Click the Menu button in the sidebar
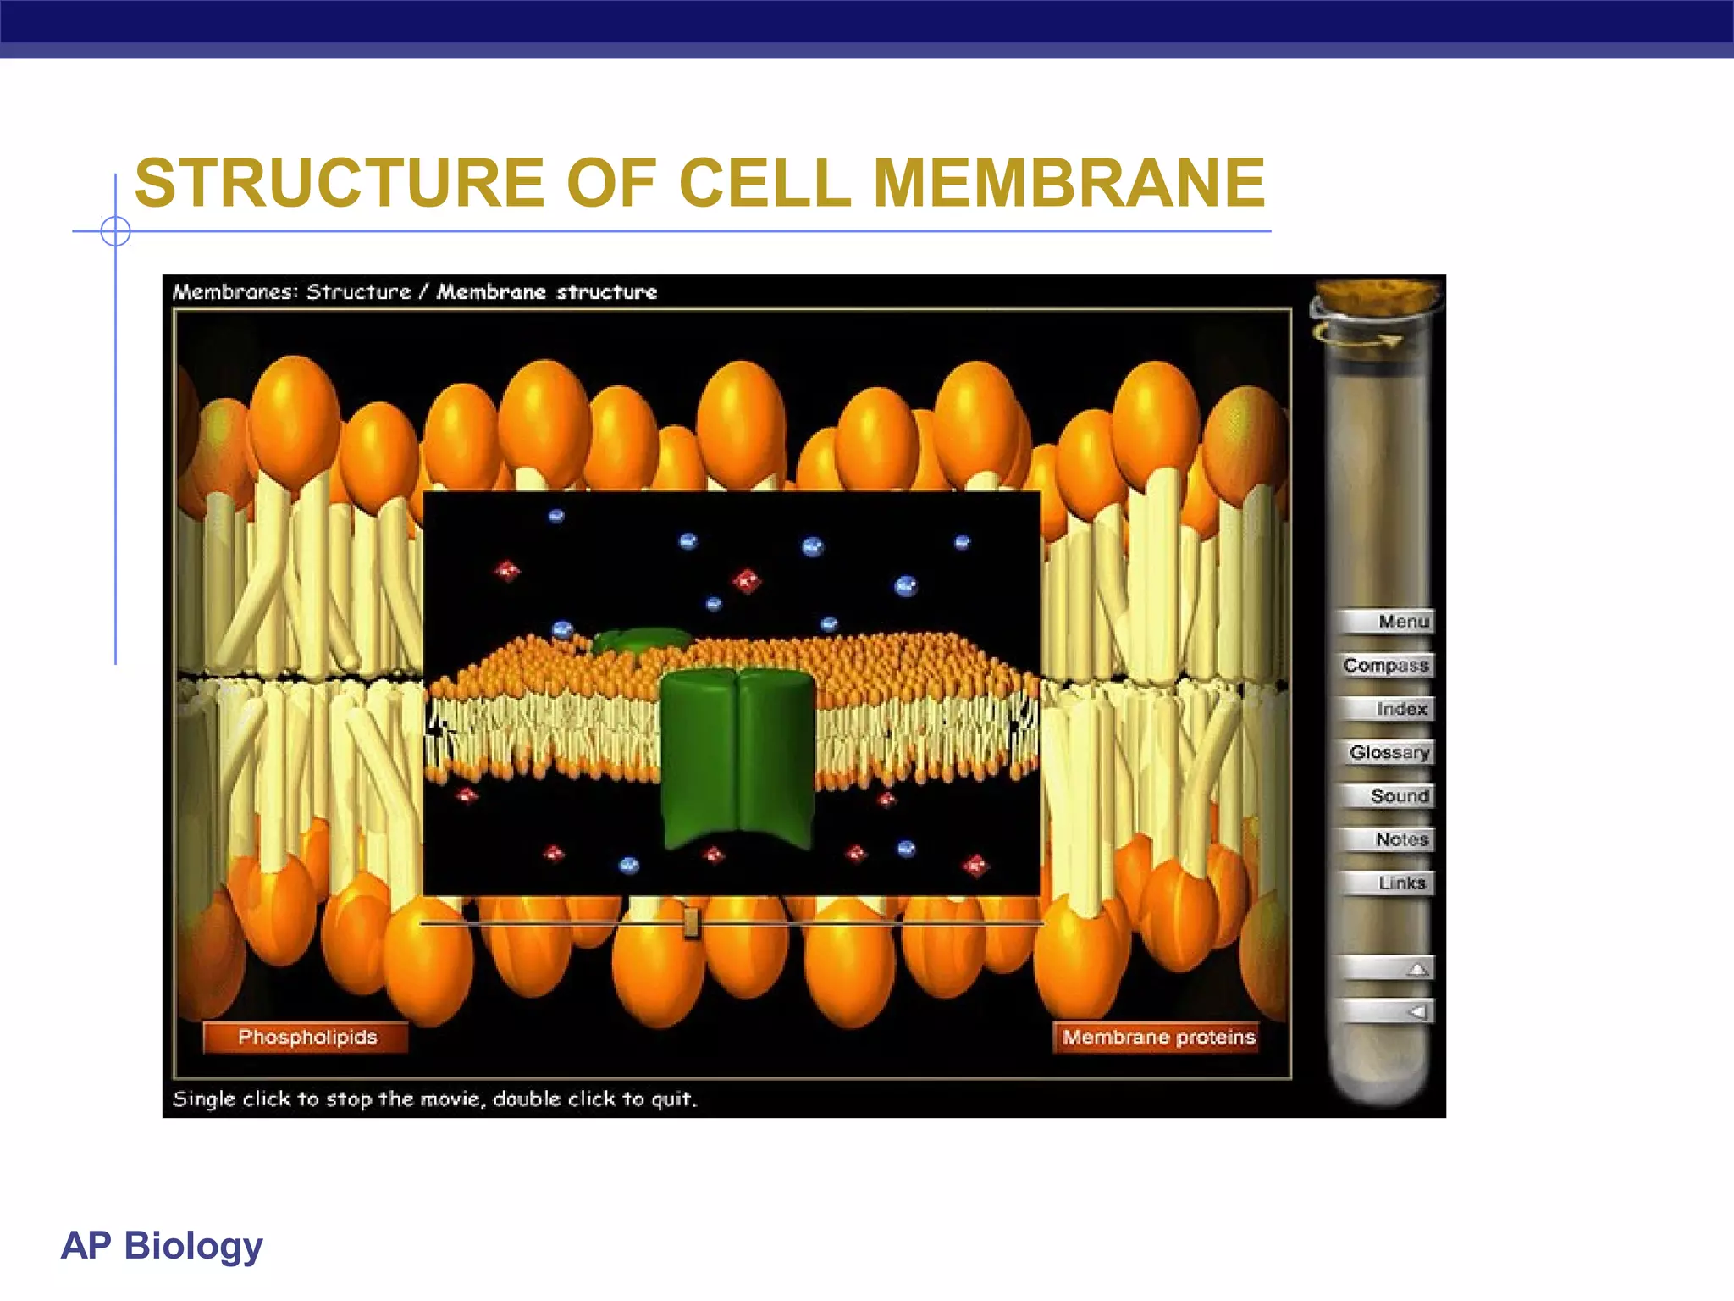(1387, 622)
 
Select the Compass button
(1387, 666)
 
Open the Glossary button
(1389, 752)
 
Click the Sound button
(1389, 796)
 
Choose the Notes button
(1389, 839)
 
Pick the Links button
(1389, 883)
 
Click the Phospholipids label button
(306, 1038)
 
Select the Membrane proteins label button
(1158, 1038)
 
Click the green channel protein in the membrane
(737, 758)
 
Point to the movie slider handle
(691, 922)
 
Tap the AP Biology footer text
(162, 1245)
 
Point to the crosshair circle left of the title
(115, 230)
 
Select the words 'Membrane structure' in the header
(547, 292)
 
